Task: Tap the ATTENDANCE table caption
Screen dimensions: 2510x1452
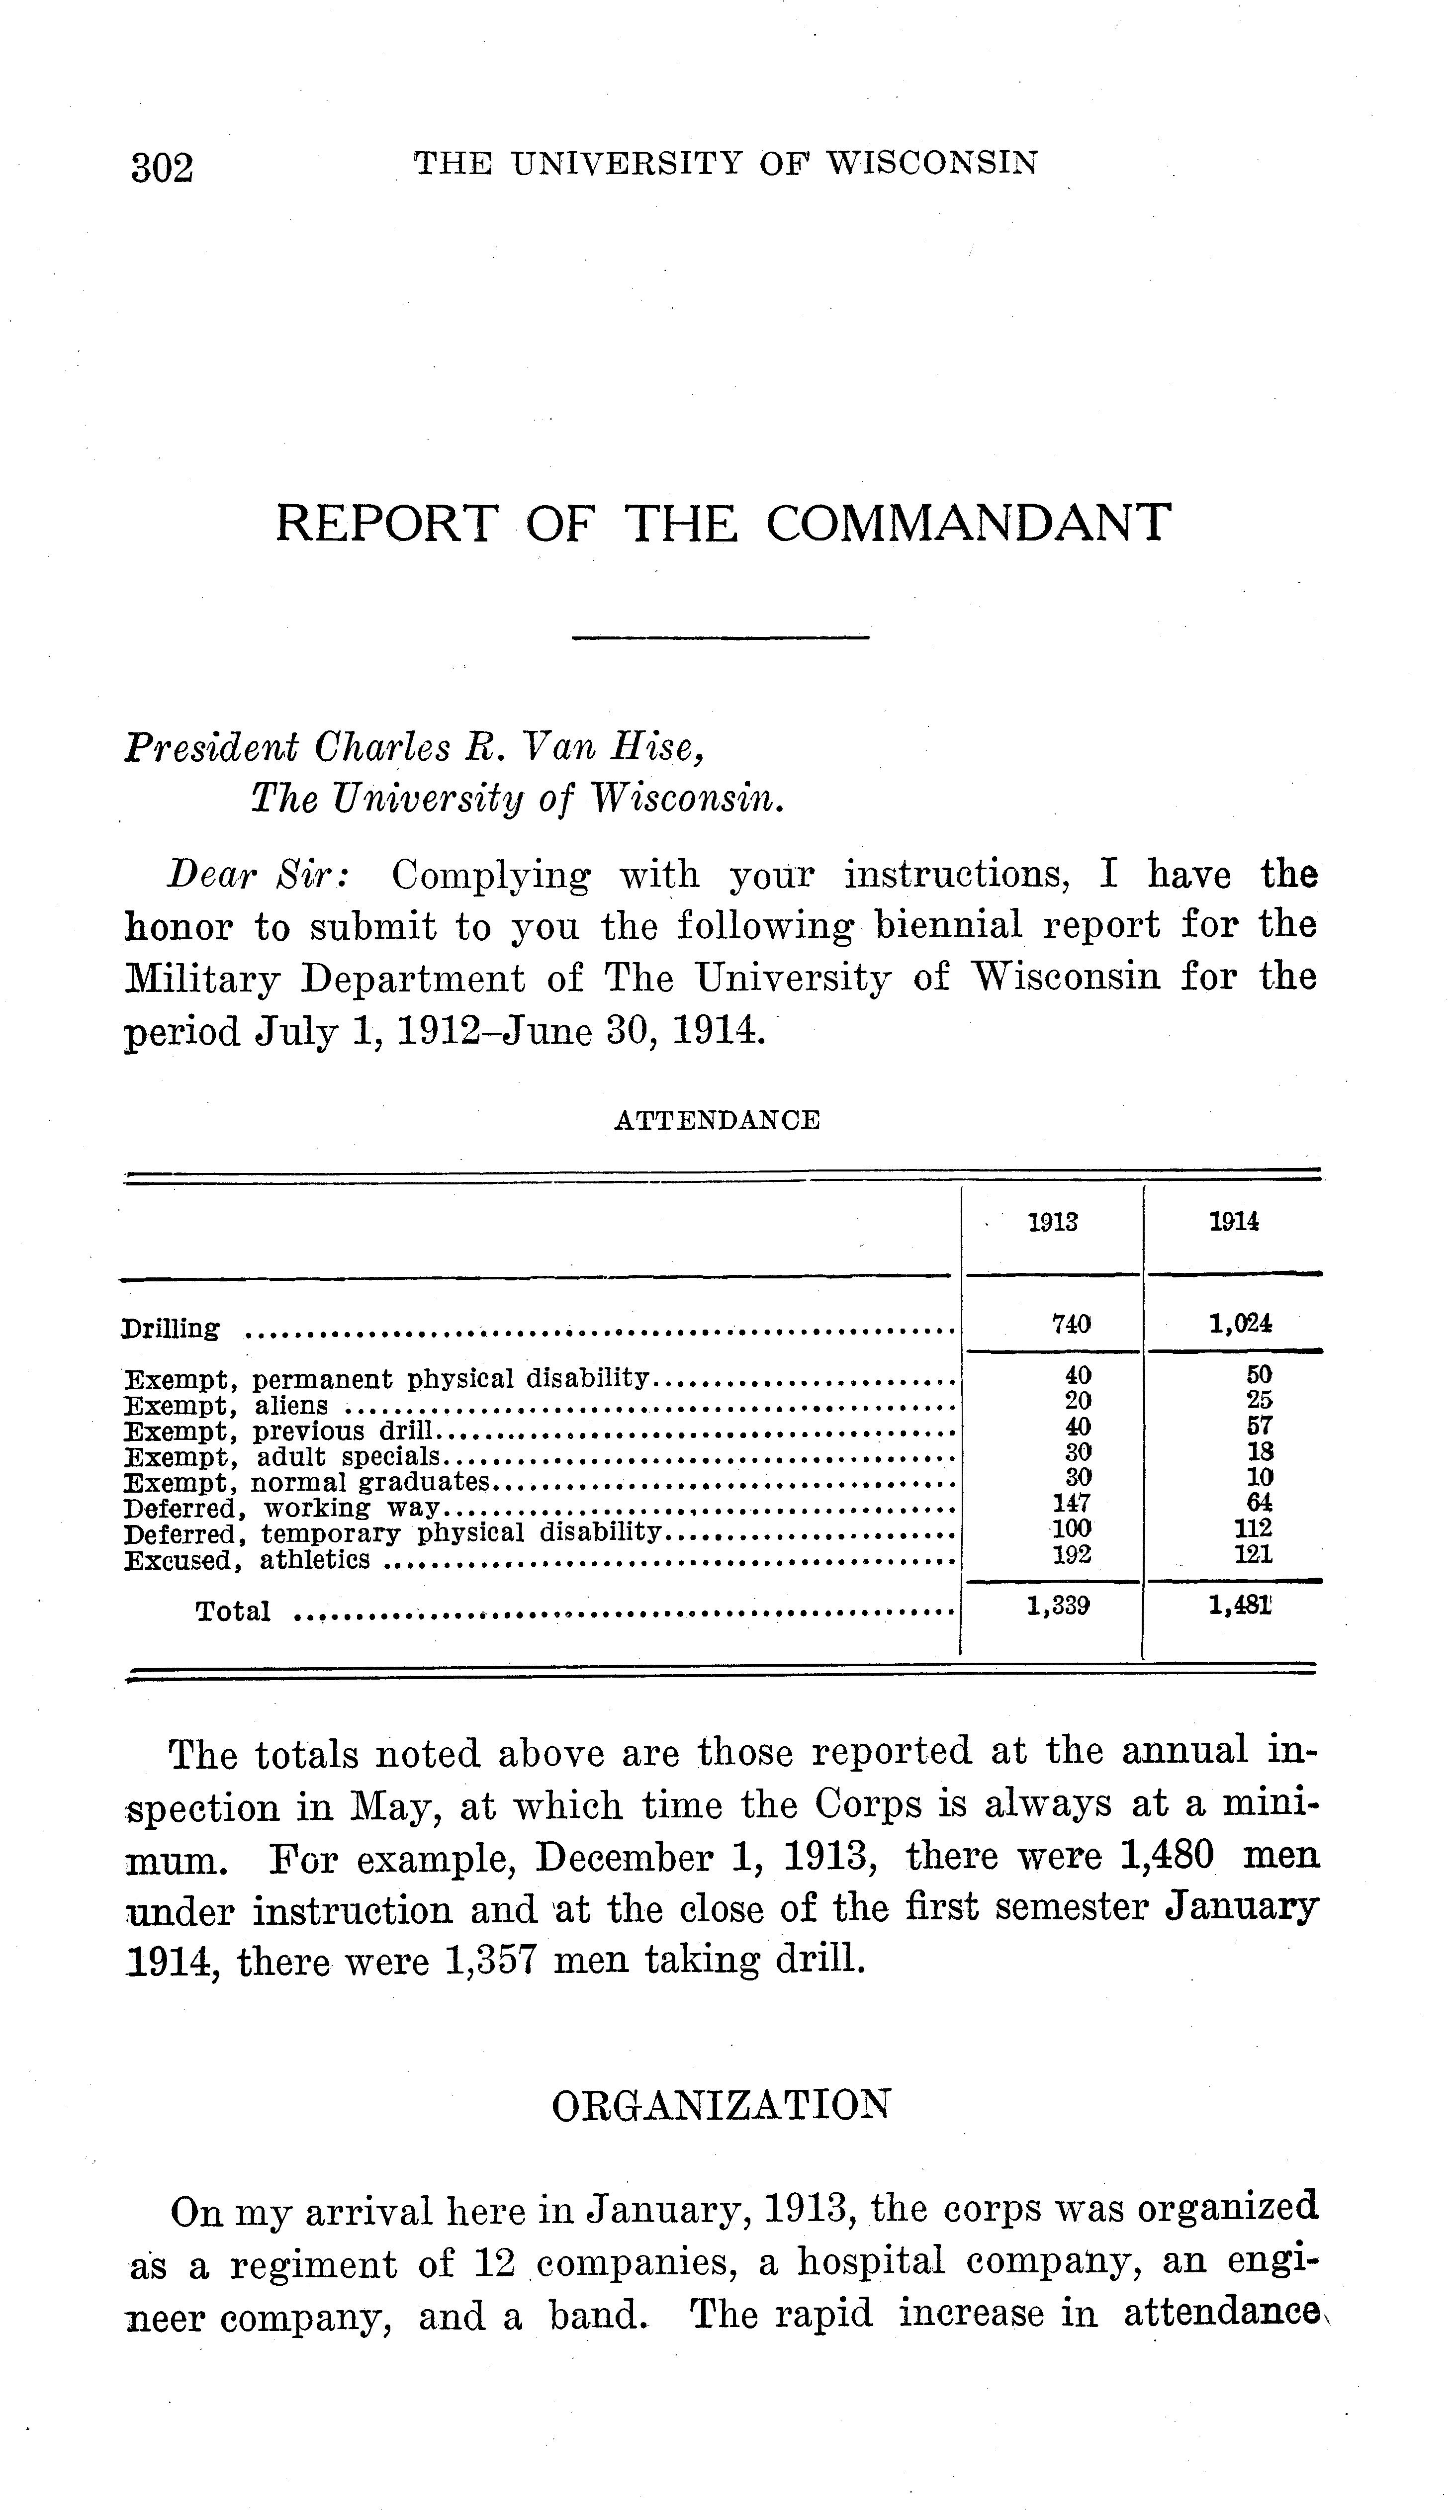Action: click(x=717, y=1121)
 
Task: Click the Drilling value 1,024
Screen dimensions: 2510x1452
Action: click(x=1240, y=1324)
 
